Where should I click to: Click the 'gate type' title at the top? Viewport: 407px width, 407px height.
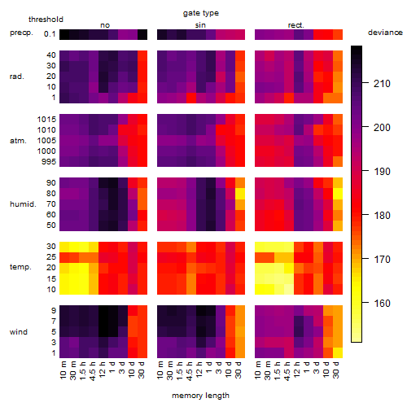201,13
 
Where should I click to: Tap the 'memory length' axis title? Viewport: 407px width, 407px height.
200,396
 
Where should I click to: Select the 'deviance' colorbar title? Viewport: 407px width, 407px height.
385,33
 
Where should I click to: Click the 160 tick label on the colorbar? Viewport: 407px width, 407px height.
382,303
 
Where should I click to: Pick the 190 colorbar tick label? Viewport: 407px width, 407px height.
382,171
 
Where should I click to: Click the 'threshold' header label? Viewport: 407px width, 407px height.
46,20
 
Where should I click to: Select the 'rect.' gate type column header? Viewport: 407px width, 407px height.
296,25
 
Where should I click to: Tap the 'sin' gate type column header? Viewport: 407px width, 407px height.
200,25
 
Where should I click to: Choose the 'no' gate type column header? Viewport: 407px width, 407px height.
105,25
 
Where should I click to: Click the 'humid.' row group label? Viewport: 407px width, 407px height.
23,204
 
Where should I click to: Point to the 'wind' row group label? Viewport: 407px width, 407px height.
19,332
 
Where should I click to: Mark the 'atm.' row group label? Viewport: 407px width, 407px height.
18,141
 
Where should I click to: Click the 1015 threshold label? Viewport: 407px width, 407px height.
46,119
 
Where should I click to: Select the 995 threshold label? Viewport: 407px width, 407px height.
49,162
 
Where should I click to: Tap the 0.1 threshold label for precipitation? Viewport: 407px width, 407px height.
50,34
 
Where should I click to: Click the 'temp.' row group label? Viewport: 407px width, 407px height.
20,267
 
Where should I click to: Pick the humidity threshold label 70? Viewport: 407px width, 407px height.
51,204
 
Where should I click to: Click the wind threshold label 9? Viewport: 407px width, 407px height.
54,311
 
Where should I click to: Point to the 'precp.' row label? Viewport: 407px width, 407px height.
21,33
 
